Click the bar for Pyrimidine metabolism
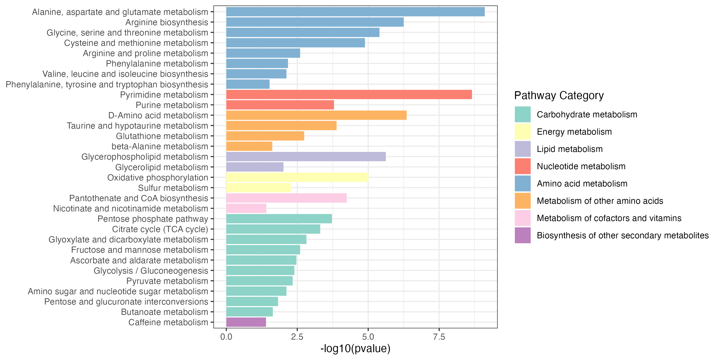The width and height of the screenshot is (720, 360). (349, 95)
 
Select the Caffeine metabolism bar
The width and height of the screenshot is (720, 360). (246, 322)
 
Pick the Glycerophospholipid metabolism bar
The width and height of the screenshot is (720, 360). (306, 157)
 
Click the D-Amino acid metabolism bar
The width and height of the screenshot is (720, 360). (316, 115)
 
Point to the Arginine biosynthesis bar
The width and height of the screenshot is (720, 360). (315, 22)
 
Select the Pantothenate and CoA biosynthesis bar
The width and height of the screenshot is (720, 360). (286, 198)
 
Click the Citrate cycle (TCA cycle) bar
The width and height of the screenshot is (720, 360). (273, 229)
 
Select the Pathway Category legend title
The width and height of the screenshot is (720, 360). (559, 96)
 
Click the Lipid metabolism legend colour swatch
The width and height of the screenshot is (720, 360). (523, 149)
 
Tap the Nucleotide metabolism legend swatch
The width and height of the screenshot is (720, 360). (523, 166)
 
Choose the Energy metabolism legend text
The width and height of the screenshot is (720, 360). (574, 132)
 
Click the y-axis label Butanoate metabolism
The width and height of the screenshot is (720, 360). (164, 312)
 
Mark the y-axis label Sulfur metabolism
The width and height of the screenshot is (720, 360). (173, 188)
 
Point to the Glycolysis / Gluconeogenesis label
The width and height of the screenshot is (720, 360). (151, 270)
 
